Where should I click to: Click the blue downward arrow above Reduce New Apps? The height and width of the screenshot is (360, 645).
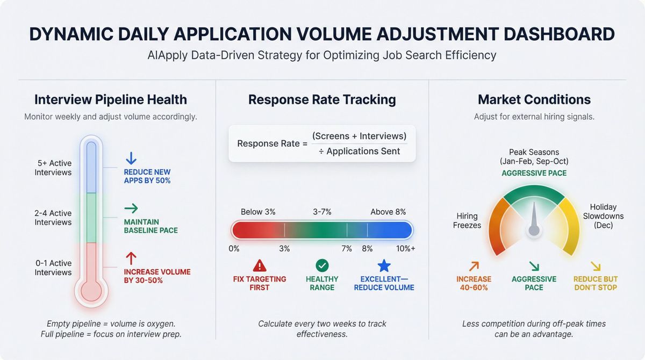pos(131,159)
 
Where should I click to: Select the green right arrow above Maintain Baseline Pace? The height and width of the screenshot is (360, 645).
pos(131,208)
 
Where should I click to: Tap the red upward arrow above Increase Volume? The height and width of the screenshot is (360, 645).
pos(131,257)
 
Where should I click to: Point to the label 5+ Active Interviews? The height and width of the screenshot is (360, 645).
pos(53,168)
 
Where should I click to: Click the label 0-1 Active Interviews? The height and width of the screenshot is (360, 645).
pos(53,268)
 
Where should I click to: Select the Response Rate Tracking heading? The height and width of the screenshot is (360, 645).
pos(322,99)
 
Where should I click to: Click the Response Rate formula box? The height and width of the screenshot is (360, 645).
pos(321,143)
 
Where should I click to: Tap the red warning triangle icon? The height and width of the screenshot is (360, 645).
pos(260,265)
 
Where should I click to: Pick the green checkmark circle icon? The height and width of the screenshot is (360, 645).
pos(322,265)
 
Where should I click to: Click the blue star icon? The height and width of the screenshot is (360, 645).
pos(384,265)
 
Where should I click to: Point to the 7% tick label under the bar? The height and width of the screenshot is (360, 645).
pos(347,249)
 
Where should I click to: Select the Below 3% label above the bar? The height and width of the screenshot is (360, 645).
pos(258,212)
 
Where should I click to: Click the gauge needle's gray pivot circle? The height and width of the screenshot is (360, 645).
pos(534,230)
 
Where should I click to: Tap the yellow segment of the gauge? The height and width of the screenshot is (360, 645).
pos(570,226)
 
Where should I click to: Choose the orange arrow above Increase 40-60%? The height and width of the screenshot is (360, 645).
pos(474,265)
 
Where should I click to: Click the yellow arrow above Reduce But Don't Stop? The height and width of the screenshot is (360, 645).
pos(595,265)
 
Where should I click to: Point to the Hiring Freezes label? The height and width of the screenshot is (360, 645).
pos(467,220)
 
